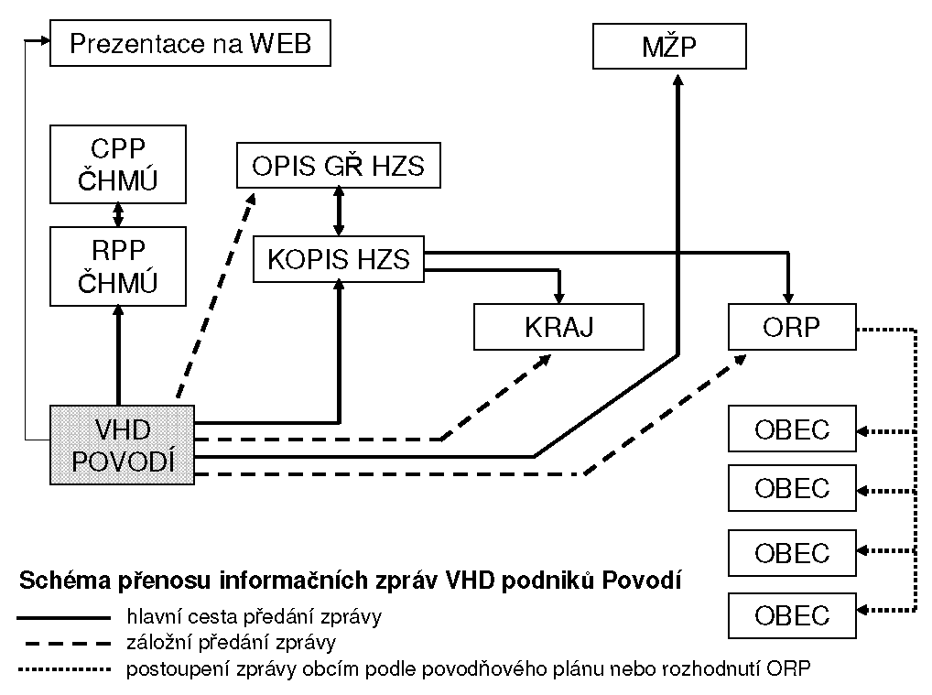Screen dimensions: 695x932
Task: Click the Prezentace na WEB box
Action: pos(190,43)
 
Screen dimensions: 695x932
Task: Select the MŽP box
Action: pos(669,46)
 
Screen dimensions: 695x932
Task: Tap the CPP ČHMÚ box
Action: pos(118,165)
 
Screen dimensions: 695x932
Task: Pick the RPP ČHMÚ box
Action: pos(118,266)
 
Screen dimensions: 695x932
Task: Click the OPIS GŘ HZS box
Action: pos(338,166)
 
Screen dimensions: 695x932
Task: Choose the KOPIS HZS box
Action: pos(339,259)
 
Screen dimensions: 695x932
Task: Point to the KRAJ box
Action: pos(558,327)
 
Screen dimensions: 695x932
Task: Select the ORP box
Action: pos(792,327)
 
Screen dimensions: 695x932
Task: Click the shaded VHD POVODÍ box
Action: pos(123,444)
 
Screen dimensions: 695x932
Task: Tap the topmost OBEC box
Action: pos(792,429)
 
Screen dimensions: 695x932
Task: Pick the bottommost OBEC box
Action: pos(792,615)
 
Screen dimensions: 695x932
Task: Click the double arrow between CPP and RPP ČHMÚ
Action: pos(118,215)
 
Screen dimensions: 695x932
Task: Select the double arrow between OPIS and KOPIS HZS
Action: pos(339,211)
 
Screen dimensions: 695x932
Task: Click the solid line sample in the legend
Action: pos(63,618)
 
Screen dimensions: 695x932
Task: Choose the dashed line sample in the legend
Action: pos(63,643)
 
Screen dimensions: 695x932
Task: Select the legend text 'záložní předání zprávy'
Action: pos(232,643)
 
